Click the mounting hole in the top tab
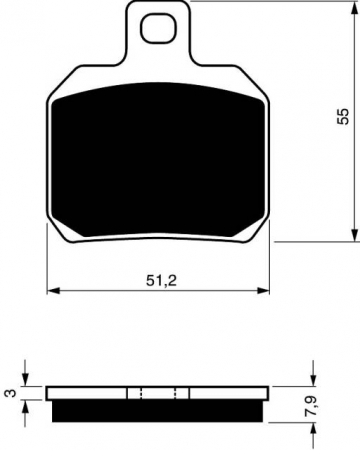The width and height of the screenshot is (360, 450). tap(155, 29)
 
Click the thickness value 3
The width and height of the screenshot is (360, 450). tap(9, 394)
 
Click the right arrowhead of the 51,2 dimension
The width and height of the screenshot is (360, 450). tap(267, 291)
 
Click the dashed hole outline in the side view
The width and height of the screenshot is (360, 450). tap(160, 392)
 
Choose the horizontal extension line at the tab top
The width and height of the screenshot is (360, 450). tap(270, 3)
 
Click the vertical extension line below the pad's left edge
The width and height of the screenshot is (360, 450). tap(48, 260)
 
